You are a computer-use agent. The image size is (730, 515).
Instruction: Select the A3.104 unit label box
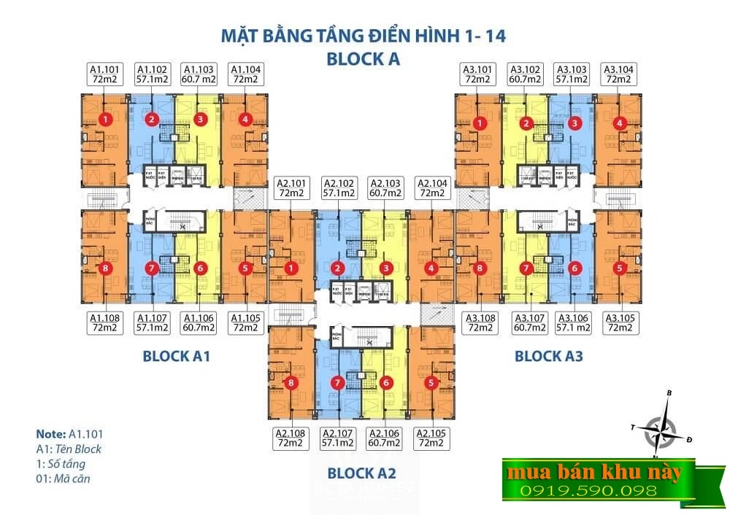coord(619,74)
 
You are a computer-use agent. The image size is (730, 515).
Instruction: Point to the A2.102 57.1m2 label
coord(338,187)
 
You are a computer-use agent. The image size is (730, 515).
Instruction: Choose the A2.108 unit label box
coord(290,438)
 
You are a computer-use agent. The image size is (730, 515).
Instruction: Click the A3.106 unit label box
coord(573,322)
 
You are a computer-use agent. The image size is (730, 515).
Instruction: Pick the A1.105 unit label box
coord(246,322)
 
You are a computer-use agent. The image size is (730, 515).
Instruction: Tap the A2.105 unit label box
coord(431,438)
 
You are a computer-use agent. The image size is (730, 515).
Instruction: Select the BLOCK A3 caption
coord(549,356)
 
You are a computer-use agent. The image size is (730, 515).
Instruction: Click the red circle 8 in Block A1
coord(107,268)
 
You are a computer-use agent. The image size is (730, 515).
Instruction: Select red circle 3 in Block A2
coord(385,268)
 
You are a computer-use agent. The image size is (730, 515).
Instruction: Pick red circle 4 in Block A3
coord(620,123)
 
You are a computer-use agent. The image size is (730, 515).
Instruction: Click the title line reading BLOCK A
coord(363,59)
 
